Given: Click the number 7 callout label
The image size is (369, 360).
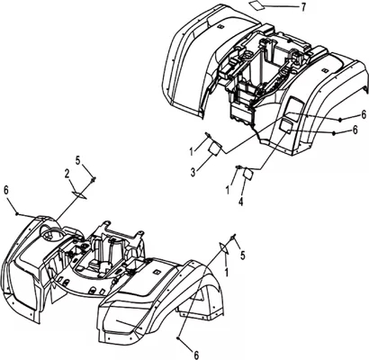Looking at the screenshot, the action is (x=303, y=7).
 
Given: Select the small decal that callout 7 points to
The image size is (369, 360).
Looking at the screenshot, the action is (x=256, y=5).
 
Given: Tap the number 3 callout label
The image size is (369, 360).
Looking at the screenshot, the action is (x=193, y=172).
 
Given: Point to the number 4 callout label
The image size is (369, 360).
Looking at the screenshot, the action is (x=240, y=202).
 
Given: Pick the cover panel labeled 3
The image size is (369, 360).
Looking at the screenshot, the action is (x=215, y=148).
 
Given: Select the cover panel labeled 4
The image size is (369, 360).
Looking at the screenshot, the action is (x=248, y=174).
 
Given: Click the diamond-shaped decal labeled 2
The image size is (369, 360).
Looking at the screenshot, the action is (x=79, y=194).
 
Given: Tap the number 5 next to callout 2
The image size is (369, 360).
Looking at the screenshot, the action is (x=78, y=161).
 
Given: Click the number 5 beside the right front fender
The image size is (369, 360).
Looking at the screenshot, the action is (x=243, y=256).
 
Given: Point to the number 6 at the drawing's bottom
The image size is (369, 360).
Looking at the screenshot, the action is (x=196, y=355).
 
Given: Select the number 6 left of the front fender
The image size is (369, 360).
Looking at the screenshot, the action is (x=7, y=190).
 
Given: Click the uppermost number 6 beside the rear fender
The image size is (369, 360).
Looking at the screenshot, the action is (x=364, y=114).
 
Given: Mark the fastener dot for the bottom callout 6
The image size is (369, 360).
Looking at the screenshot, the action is (x=179, y=338).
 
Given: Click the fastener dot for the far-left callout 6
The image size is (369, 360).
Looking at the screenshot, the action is (x=17, y=213).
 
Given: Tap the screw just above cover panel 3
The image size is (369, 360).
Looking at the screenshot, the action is (x=207, y=135).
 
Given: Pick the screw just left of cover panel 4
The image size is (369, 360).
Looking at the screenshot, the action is (x=238, y=167).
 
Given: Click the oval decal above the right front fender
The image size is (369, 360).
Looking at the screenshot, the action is (x=223, y=248).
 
